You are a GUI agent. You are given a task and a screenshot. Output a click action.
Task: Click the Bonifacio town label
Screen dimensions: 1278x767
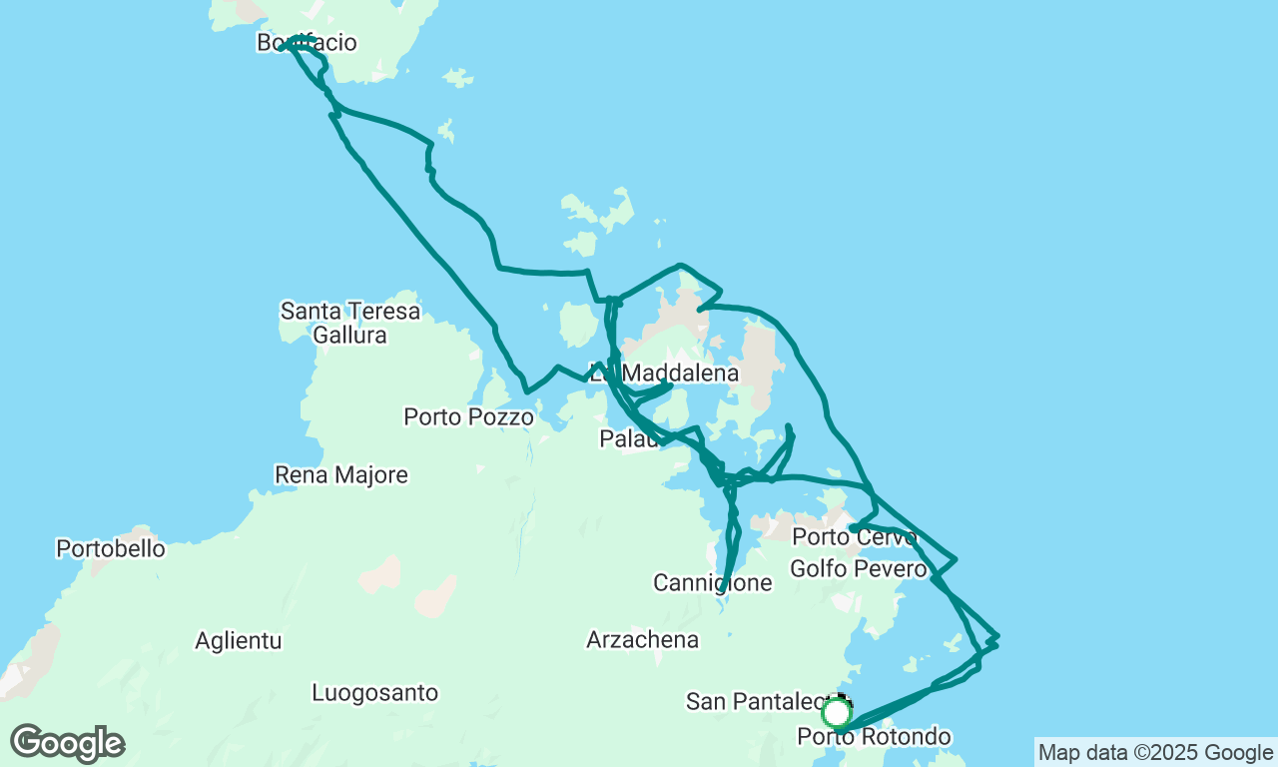point(307,43)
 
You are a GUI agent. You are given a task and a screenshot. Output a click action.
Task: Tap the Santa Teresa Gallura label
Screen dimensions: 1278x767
point(349,323)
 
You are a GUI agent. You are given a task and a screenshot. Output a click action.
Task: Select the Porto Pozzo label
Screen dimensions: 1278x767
point(468,416)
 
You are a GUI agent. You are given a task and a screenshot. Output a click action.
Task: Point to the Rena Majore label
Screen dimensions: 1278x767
point(340,474)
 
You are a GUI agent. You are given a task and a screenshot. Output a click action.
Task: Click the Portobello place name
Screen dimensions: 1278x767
point(110,548)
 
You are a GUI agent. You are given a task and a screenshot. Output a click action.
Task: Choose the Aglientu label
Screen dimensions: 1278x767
point(239,640)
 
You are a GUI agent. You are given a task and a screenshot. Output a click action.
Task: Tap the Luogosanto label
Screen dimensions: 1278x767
point(374,692)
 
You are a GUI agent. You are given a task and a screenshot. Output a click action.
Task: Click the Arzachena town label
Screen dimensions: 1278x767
point(642,639)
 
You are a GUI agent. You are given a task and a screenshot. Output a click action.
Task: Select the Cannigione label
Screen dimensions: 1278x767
point(712,582)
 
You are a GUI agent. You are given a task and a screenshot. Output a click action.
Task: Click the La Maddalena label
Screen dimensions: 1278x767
point(664,373)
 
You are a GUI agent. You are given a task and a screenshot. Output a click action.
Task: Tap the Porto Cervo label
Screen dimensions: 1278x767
point(854,537)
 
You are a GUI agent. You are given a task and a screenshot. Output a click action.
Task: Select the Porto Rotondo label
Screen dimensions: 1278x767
point(874,737)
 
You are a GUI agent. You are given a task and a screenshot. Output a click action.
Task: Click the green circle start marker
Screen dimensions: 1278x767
point(836,713)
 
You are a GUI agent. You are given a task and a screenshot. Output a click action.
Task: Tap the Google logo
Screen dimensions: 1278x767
point(67,744)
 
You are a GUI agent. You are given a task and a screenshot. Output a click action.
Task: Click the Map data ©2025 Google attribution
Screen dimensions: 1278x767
point(1155,753)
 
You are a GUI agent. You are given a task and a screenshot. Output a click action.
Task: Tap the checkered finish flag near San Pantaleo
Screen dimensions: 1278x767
point(844,701)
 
